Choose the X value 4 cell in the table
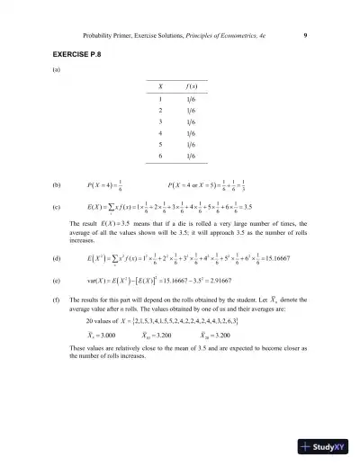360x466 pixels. [x=160, y=140]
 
